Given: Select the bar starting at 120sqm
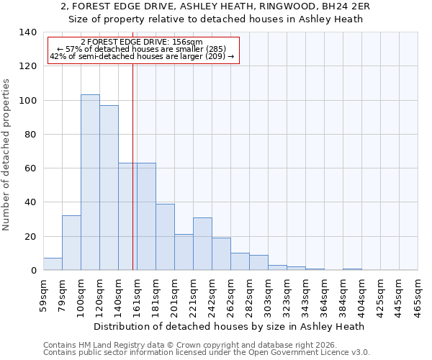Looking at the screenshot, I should [x=109, y=188].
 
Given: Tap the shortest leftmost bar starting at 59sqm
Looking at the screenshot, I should [x=53, y=264].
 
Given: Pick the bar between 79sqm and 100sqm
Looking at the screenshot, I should [x=71, y=243].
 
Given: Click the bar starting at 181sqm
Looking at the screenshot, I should [x=165, y=237].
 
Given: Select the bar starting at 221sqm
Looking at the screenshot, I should [x=202, y=243].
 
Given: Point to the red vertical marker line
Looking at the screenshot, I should [x=132, y=166].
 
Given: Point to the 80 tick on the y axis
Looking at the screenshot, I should [x=30, y=135].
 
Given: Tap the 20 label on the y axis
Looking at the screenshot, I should [x=30, y=237].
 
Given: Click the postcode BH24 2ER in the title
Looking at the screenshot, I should [x=352, y=6].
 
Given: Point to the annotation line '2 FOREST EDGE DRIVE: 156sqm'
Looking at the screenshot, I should [x=142, y=42].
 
